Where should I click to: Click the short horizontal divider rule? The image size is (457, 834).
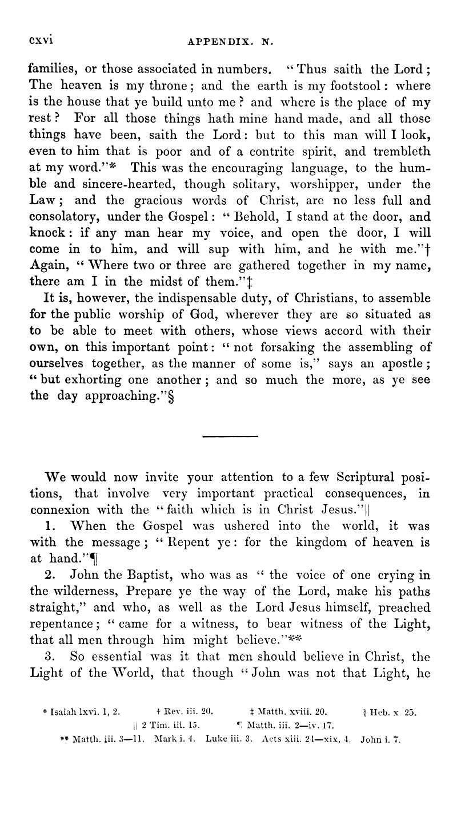point(230,437)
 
